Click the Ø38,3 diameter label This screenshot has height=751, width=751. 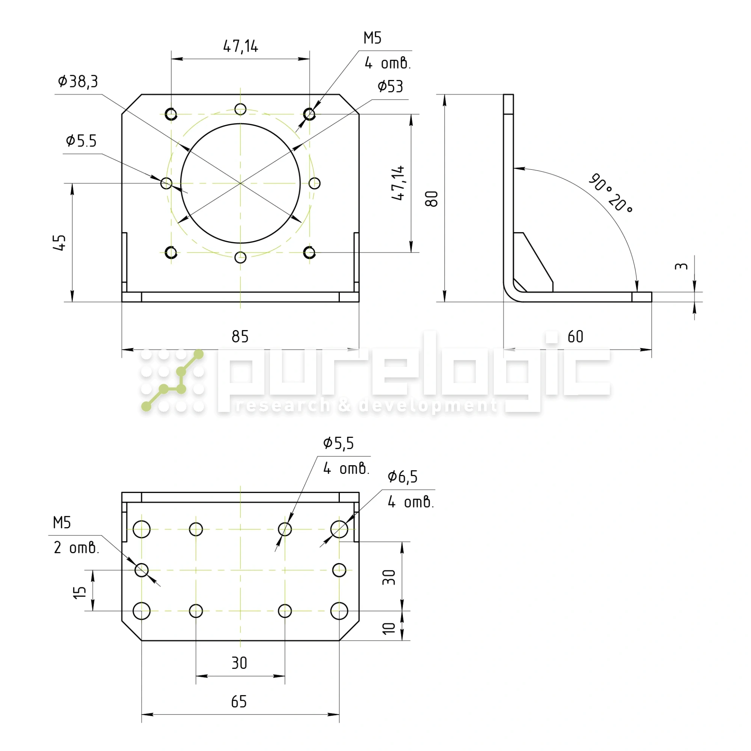tap(78, 81)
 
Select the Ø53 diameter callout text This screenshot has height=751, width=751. tap(390, 86)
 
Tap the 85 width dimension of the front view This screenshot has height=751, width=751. tap(240, 336)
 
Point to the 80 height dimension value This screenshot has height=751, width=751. tap(431, 199)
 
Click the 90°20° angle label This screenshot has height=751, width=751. tap(610, 193)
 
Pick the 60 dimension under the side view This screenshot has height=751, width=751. tap(575, 336)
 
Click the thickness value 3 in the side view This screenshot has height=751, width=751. tap(681, 266)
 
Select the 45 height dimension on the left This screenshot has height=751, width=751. tap(59, 243)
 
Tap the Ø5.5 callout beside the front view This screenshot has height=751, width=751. tap(81, 141)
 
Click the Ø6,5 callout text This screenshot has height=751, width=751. tap(402, 477)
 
